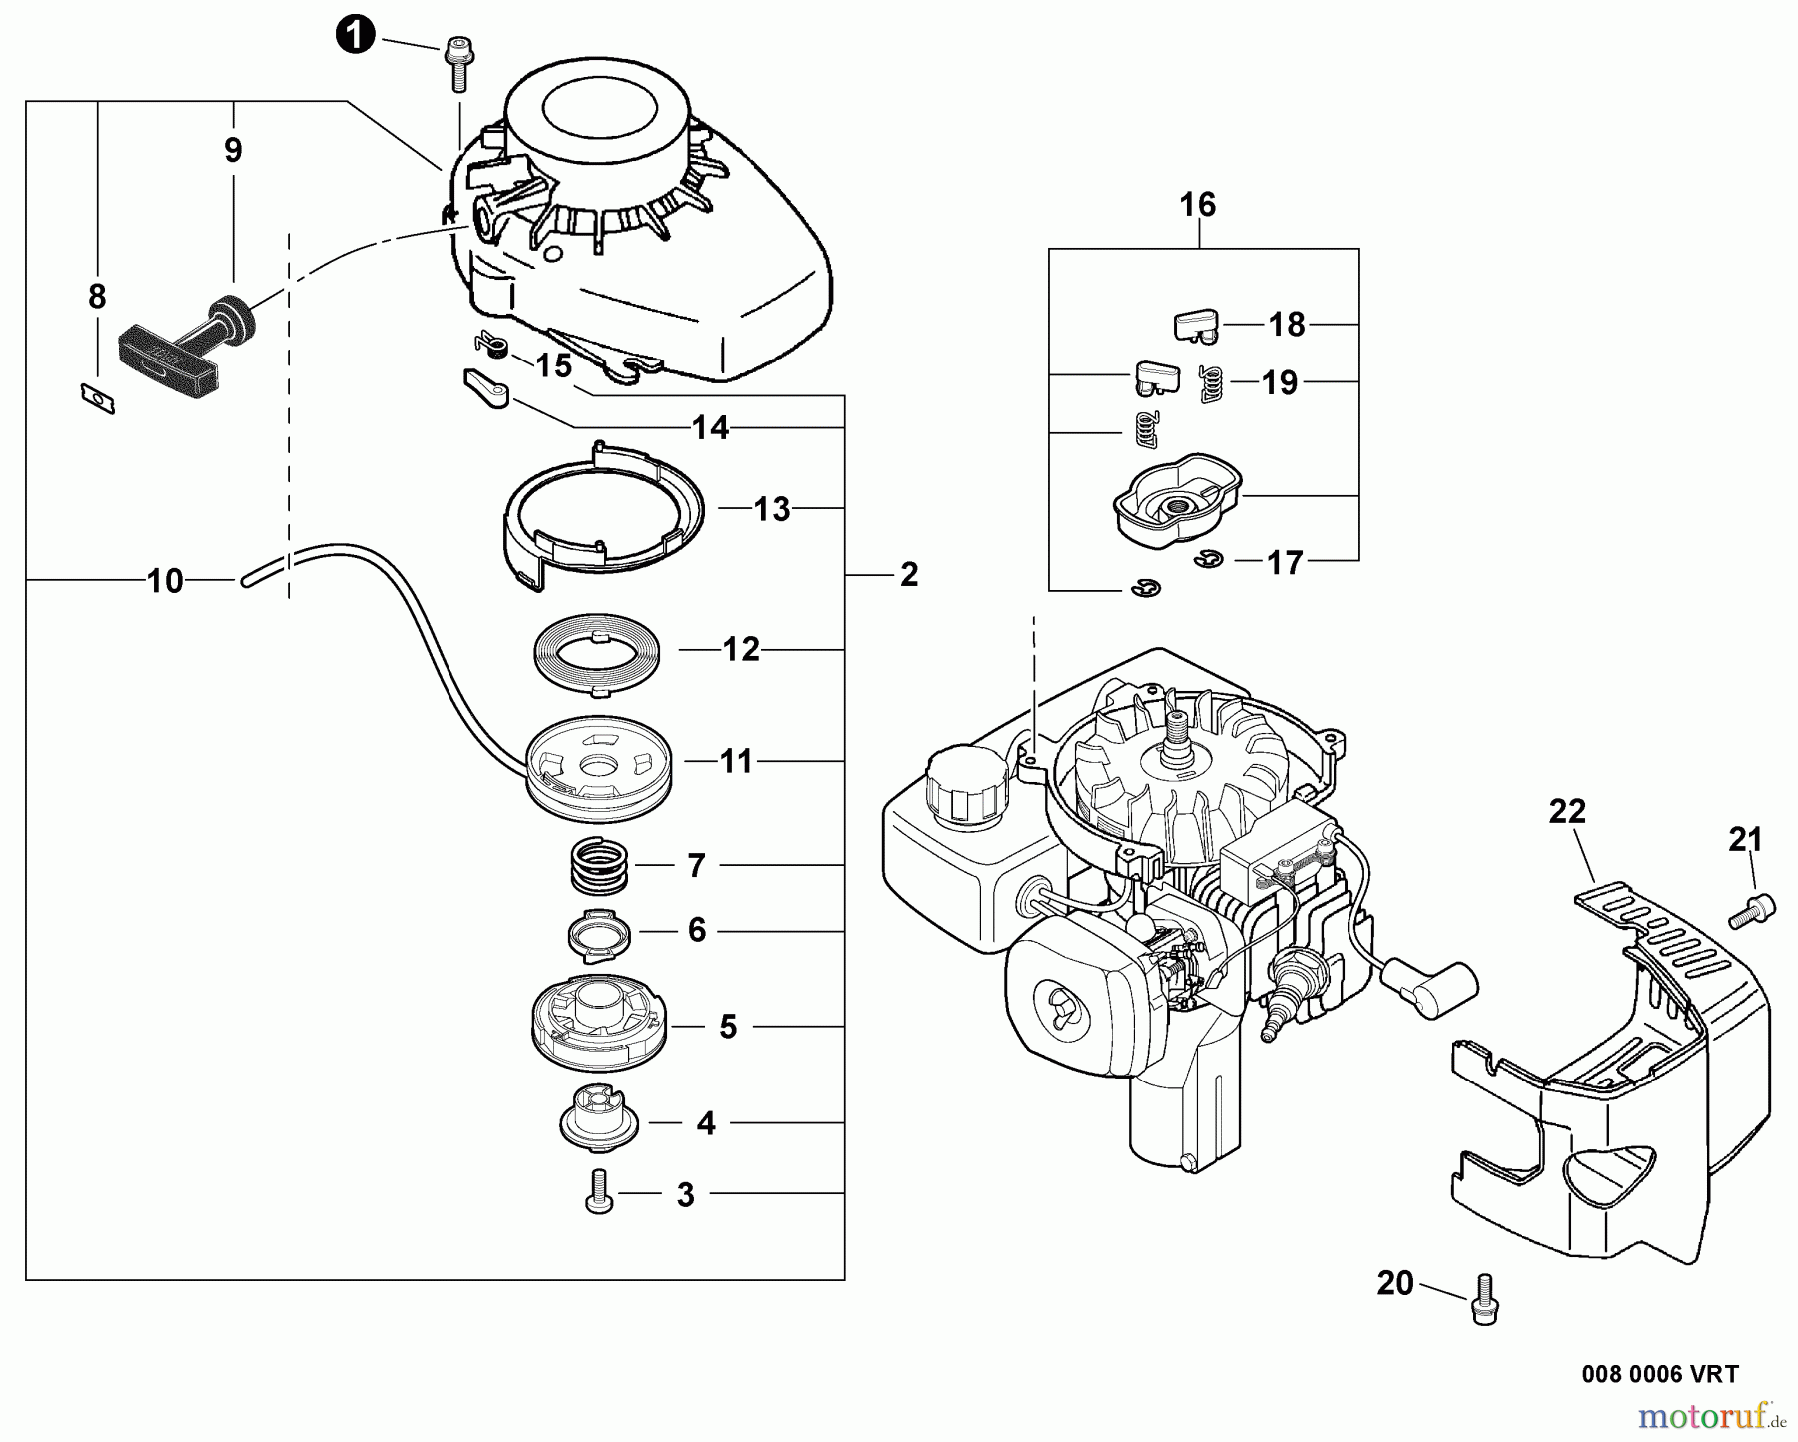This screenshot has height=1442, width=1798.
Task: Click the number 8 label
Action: [x=96, y=297]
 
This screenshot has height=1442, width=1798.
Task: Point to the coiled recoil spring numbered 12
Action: [x=591, y=653]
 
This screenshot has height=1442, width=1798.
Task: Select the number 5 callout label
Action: [x=728, y=1026]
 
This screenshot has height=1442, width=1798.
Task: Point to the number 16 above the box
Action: [x=1197, y=205]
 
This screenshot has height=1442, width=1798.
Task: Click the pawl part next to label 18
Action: [x=1194, y=324]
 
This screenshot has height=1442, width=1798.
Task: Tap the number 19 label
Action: [x=1280, y=382]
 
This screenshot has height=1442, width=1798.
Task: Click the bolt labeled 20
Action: [x=1481, y=1298]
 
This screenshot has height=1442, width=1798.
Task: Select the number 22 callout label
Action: [x=1567, y=811]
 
